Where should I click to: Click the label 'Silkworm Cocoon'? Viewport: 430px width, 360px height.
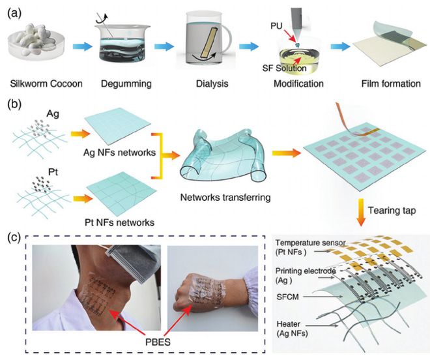click(x=46, y=83)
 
